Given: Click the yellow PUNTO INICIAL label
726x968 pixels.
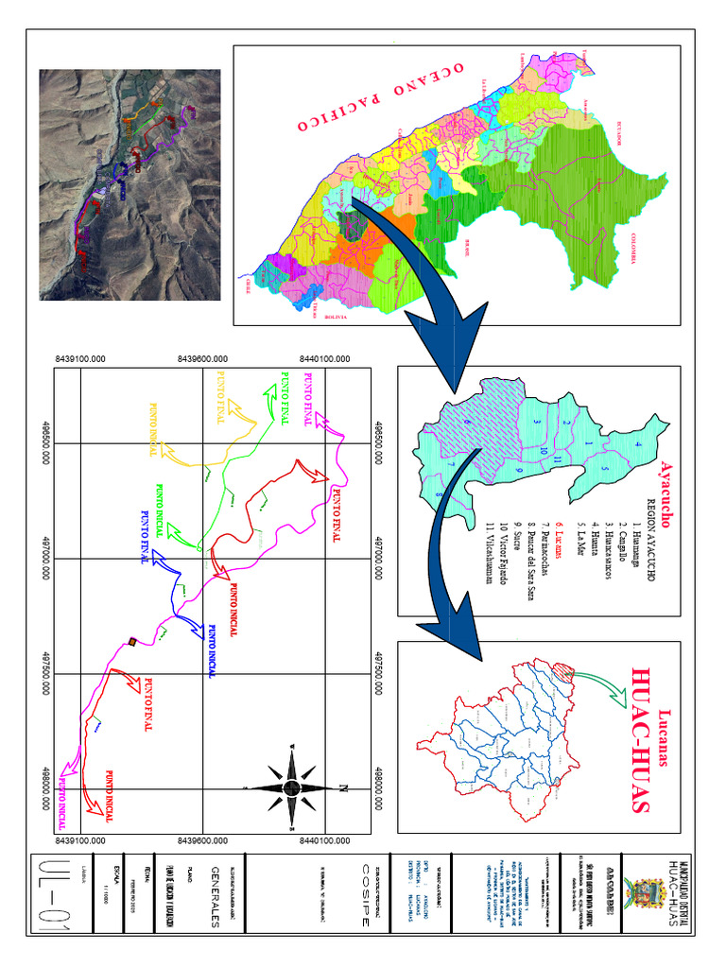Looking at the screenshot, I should [x=152, y=430].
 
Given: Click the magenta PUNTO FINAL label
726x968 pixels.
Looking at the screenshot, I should [x=307, y=401].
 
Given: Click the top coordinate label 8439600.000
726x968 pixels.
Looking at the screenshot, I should [x=208, y=359].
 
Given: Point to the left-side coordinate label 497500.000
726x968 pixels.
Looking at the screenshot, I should [x=44, y=674].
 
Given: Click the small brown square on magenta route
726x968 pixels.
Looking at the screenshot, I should [x=132, y=643].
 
